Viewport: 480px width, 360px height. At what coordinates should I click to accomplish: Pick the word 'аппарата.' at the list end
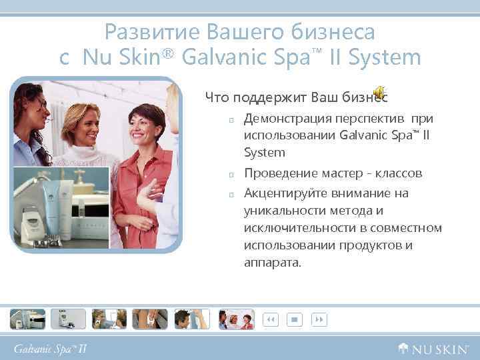[x=273, y=263]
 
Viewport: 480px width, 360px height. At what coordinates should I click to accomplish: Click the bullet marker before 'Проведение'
[x=230, y=174]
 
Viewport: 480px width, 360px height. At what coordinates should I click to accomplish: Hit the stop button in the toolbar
[x=293, y=319]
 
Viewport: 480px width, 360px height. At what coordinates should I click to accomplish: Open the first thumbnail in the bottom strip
[x=27, y=319]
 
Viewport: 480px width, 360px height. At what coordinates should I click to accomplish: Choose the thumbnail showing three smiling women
[x=237, y=319]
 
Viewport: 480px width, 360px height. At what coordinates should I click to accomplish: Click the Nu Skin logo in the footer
[x=433, y=347]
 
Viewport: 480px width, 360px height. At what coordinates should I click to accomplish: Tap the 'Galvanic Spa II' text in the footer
[x=51, y=347]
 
